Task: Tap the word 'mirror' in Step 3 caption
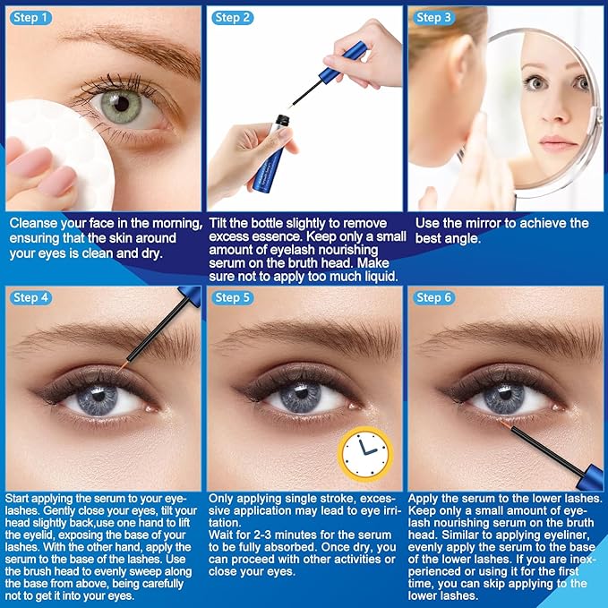pyautogui.click(x=490, y=223)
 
